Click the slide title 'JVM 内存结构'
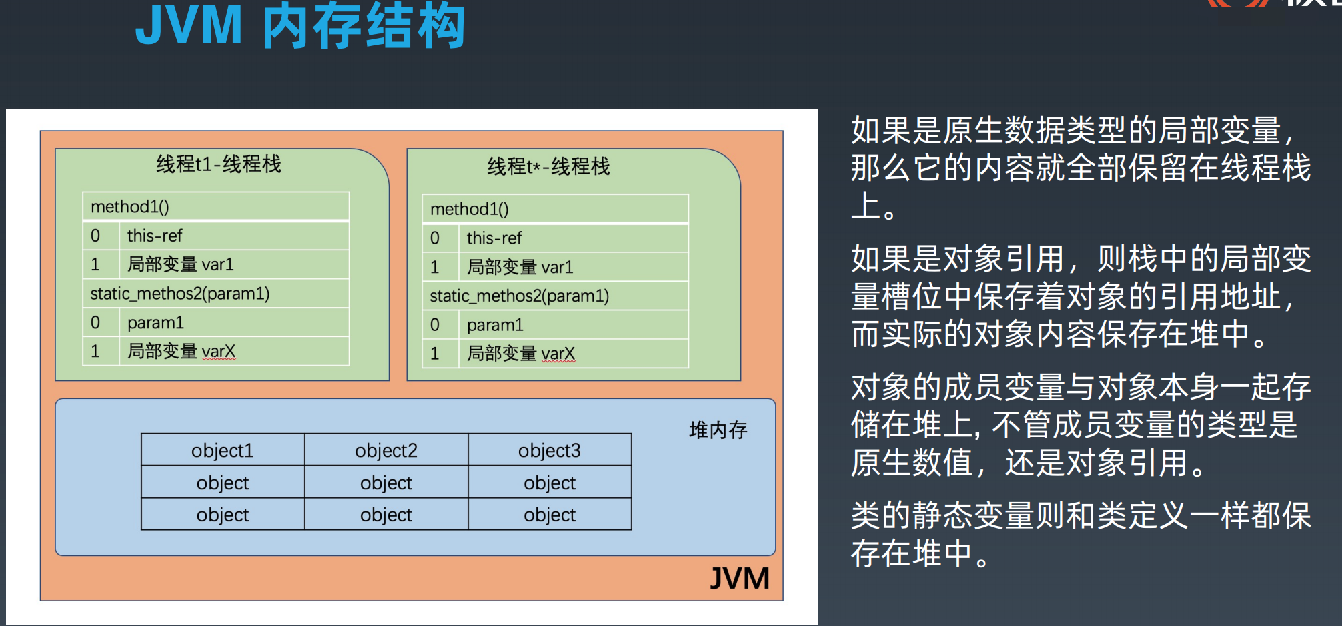pos(300,27)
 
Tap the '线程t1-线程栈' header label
pos(219,164)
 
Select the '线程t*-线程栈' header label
pos(548,166)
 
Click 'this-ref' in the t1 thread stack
pos(155,236)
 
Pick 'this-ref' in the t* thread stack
pos(494,238)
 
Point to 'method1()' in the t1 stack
pos(130,207)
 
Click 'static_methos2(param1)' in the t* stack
pos(519,296)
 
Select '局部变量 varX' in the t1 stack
pos(181,351)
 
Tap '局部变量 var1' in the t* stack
pos(520,267)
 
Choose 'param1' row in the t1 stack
pos(155,323)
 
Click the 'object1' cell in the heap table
pos(223,450)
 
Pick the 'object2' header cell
pos(386,450)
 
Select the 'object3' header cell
pos(550,450)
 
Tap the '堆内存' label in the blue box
pos(718,430)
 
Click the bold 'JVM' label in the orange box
pos(739,578)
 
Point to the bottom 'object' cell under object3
pos(550,515)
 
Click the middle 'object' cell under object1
pos(223,483)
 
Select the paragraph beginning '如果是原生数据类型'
pos(1081,168)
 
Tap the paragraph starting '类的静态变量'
pos(1081,534)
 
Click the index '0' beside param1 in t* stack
pos(435,325)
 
